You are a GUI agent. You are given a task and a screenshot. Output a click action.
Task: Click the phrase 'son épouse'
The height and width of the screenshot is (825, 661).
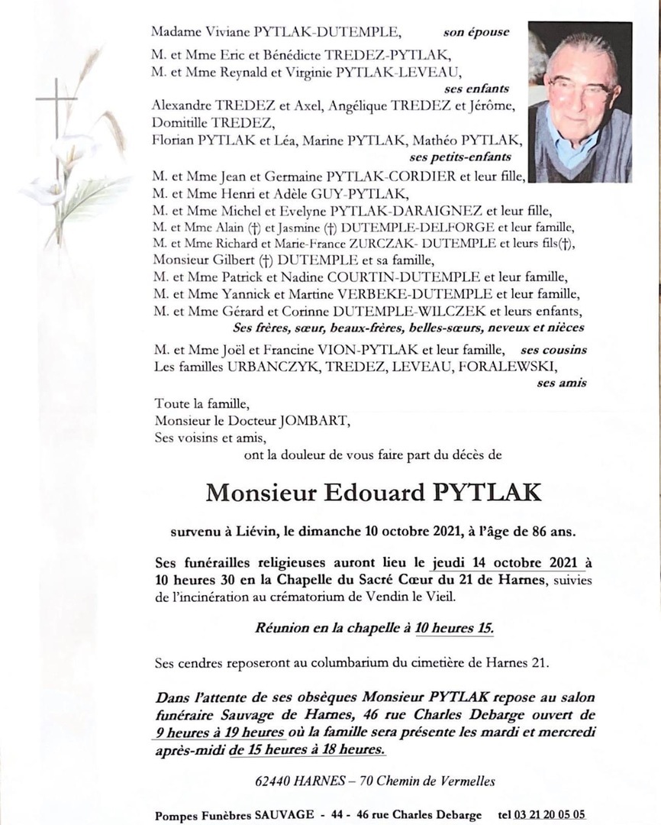[476, 33]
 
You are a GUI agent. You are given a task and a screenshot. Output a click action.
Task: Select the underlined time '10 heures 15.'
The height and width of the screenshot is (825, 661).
[454, 629]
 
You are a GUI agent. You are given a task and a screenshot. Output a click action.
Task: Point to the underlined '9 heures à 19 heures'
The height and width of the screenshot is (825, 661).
[220, 732]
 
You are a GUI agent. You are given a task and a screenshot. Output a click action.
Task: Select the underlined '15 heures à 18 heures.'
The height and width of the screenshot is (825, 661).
[308, 749]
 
